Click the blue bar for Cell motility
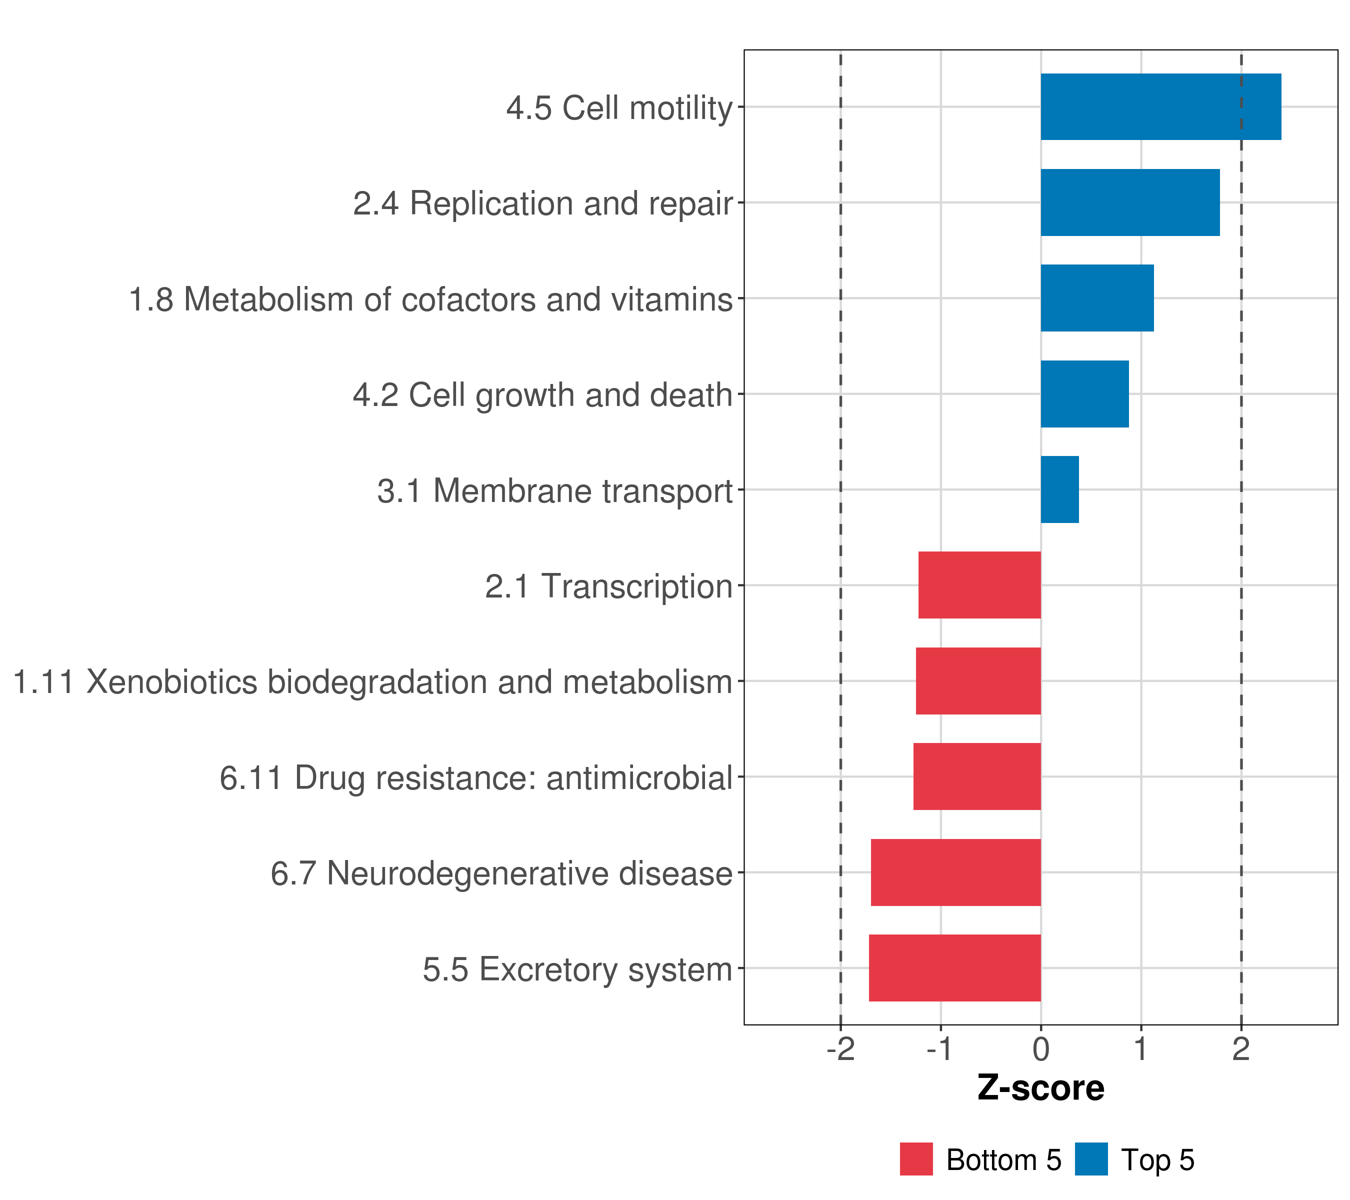click(x=1160, y=107)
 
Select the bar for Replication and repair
click(x=1129, y=203)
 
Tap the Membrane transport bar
click(x=1059, y=489)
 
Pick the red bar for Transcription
click(x=979, y=585)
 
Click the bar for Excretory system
click(x=954, y=968)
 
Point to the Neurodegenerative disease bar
click(x=955, y=872)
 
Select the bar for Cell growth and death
click(x=1084, y=394)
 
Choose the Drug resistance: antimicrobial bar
click(x=977, y=776)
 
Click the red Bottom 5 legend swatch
click(x=916, y=1159)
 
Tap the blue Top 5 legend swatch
click(x=1091, y=1159)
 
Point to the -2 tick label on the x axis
click(x=841, y=1049)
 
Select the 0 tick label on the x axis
click(x=1041, y=1049)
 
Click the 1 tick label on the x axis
click(x=1140, y=1049)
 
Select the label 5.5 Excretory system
click(x=577, y=969)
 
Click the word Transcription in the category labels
click(x=637, y=586)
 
